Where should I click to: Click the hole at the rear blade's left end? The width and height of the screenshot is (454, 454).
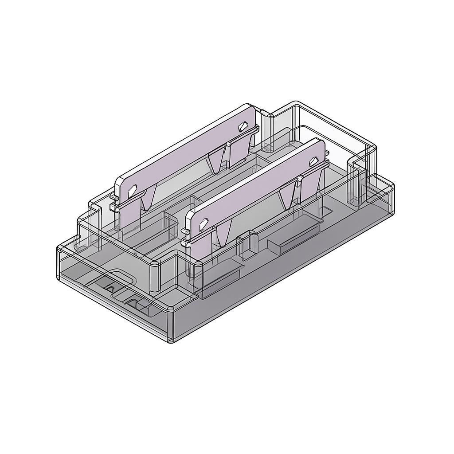[x=132, y=192]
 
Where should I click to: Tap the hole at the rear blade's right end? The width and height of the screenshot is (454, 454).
[x=243, y=127]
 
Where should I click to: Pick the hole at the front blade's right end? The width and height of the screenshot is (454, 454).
[x=313, y=160]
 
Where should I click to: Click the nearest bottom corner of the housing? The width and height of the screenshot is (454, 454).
[x=171, y=341]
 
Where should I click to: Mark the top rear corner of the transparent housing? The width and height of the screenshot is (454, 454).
[x=295, y=103]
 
